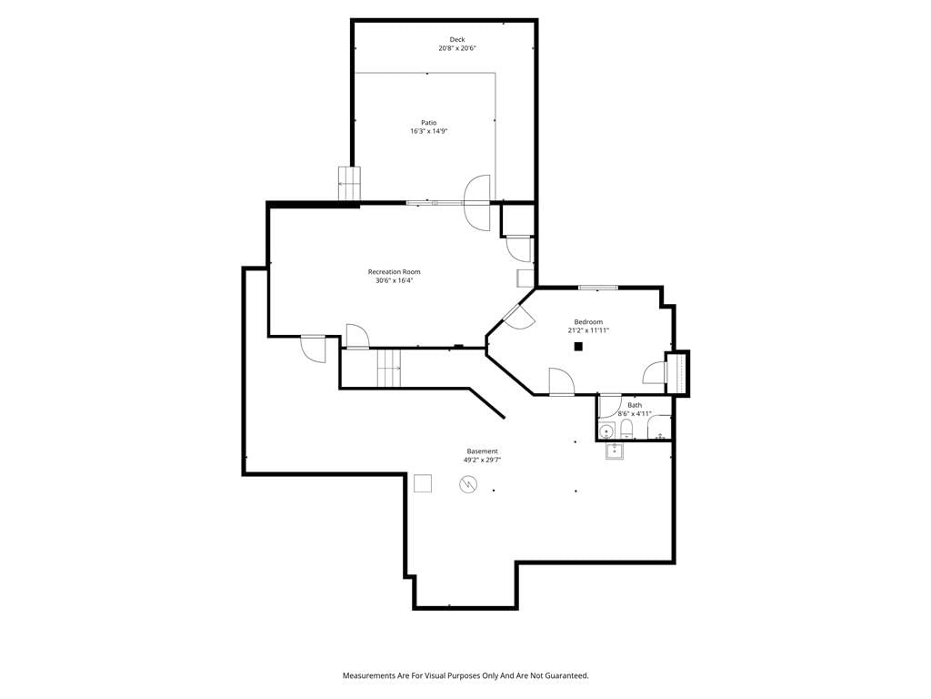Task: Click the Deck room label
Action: point(457,39)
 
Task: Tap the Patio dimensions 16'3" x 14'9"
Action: point(429,131)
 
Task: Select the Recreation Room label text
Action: point(395,271)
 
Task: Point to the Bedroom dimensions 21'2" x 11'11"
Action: point(588,330)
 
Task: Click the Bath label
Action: point(635,405)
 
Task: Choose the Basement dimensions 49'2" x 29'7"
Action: point(482,460)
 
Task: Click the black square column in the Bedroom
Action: point(578,347)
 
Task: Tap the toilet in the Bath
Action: point(626,429)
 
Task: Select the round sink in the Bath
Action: point(606,431)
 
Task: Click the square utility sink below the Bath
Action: point(614,451)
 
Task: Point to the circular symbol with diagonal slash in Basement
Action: point(468,485)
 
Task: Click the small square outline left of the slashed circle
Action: point(423,483)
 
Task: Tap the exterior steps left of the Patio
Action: point(350,184)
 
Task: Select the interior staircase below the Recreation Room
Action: point(389,369)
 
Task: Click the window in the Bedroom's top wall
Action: point(598,288)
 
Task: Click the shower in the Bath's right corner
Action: point(659,428)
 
